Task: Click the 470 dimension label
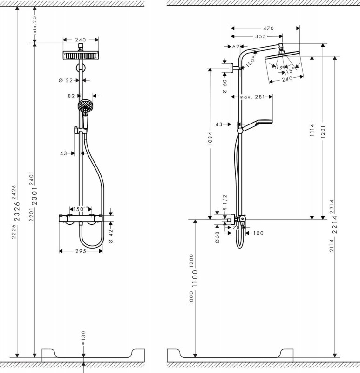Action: click(269, 28)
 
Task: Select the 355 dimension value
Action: click(261, 37)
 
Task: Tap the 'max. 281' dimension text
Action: click(252, 97)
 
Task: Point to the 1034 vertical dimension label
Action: click(210, 138)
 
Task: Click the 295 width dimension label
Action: click(81, 251)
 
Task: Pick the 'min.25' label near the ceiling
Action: click(34, 25)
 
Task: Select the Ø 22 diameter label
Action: click(66, 80)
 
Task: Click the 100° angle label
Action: click(250, 62)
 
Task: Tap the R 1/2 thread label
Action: click(225, 203)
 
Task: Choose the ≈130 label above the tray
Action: click(83, 338)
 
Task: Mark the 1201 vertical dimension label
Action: click(322, 131)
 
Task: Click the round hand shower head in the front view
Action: click(85, 106)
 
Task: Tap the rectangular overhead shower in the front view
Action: click(81, 55)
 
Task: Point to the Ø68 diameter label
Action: click(217, 237)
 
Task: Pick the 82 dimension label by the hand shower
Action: click(71, 96)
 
